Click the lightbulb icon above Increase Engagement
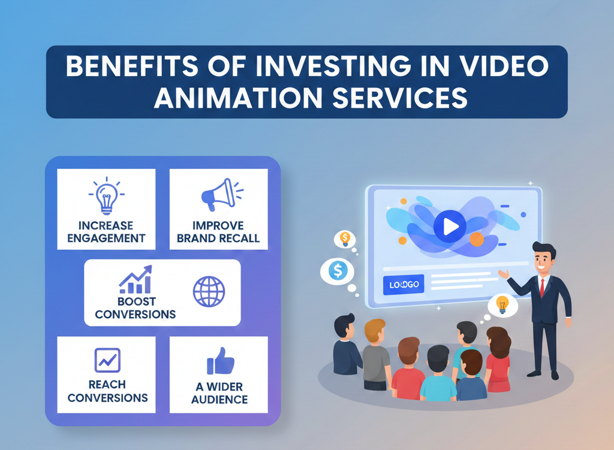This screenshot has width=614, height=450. (x=106, y=196)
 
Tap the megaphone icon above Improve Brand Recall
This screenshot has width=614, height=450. (x=218, y=194)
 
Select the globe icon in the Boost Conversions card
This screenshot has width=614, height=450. (x=209, y=291)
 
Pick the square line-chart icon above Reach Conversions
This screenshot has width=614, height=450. (x=107, y=360)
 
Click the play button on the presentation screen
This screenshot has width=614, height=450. (x=450, y=226)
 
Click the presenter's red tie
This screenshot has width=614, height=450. (x=541, y=287)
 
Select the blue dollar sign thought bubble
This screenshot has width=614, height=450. (x=338, y=271)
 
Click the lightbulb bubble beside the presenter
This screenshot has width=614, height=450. (x=502, y=305)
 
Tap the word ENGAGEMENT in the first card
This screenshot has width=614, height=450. (x=106, y=238)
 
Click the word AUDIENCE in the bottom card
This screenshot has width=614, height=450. (x=219, y=399)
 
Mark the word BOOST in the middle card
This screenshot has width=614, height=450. (x=136, y=301)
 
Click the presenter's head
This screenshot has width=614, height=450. (x=543, y=256)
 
